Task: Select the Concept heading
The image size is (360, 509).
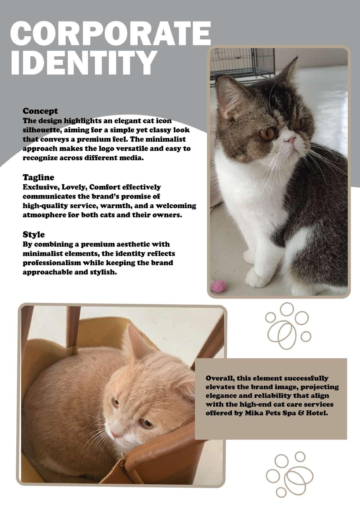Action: [x=40, y=111]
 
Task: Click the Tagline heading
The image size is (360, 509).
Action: [x=38, y=177]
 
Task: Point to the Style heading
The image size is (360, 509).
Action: [x=34, y=234]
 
